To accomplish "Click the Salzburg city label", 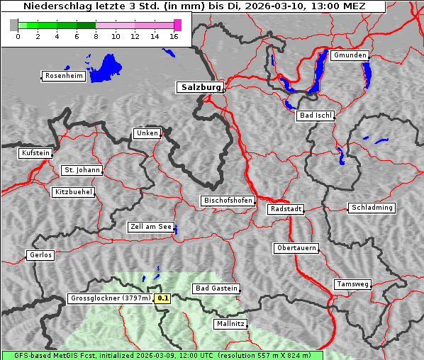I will click(200, 87).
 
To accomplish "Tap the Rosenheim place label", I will click(63, 76).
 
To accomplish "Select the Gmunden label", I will click(350, 55).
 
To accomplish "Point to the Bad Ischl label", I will click(315, 116).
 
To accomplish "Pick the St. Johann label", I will click(82, 170).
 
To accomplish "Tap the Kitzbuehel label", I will click(74, 192).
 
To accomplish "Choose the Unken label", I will click(147, 133).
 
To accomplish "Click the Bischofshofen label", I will click(228, 201).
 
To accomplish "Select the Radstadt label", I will click(286, 209).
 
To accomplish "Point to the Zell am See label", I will click(151, 227).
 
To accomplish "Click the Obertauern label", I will click(296, 248).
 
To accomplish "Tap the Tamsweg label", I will click(352, 284).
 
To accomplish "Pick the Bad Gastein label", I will click(216, 288).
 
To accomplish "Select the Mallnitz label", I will click(230, 324).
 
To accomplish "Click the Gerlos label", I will click(40, 255).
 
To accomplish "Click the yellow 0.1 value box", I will click(163, 299).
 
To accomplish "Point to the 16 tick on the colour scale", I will click(174, 36).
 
